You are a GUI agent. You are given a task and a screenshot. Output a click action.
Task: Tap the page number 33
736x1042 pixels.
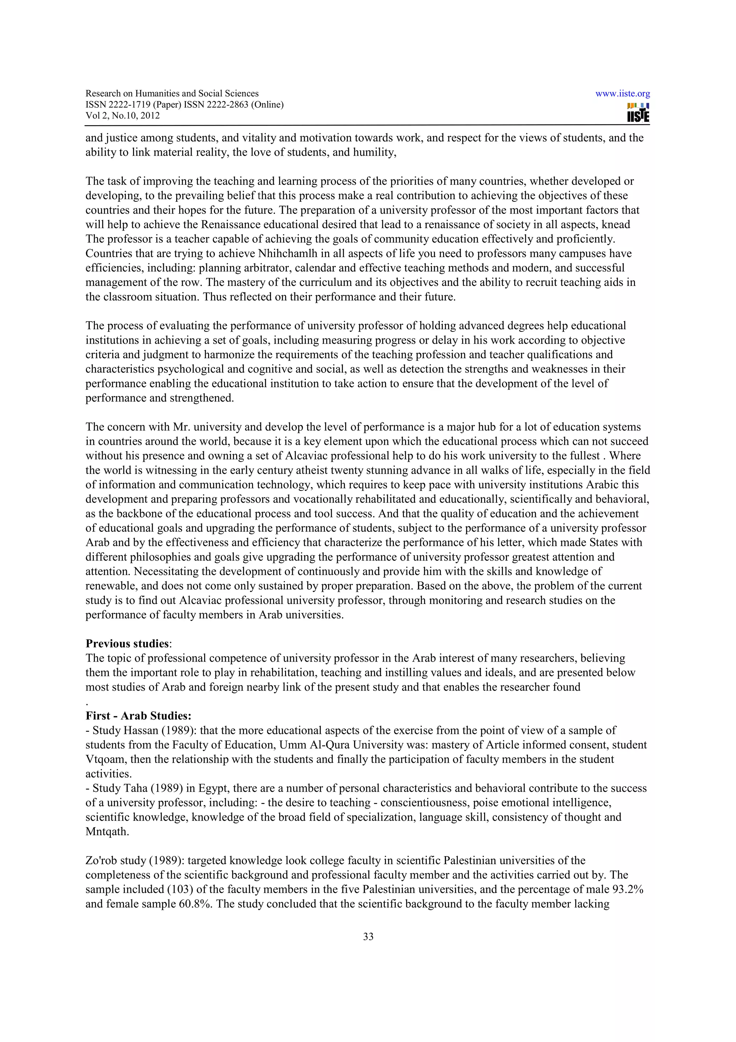(368, 936)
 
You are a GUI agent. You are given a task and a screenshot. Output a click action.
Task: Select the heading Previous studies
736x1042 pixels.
(127, 644)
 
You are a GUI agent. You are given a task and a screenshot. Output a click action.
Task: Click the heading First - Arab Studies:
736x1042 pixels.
(138, 716)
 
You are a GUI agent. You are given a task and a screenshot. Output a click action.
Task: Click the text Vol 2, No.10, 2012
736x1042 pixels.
(123, 115)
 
